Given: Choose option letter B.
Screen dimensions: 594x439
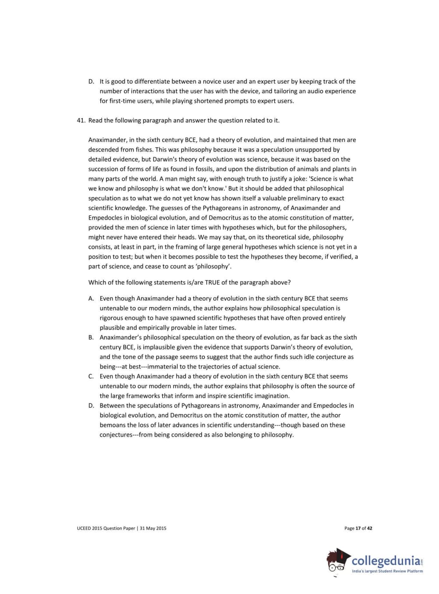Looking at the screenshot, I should point(91,338).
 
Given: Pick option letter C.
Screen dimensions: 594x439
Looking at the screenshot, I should point(91,377).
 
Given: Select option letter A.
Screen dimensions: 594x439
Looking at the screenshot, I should point(91,299).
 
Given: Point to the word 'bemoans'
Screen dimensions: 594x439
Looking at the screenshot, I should point(113,425).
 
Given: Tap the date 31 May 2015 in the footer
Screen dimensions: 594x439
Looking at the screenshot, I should point(153,528).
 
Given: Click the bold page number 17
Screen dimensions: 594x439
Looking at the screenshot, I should point(358,528).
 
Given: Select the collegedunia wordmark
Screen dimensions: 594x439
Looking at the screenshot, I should point(386,561).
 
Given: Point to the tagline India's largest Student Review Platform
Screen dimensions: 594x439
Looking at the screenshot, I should point(387,571).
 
